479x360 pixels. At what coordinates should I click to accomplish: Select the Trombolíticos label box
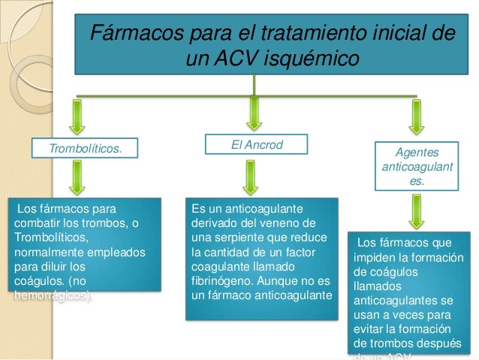click(85, 149)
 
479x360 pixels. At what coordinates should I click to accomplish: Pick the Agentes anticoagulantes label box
click(417, 166)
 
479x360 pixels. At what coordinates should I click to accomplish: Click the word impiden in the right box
click(382, 258)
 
